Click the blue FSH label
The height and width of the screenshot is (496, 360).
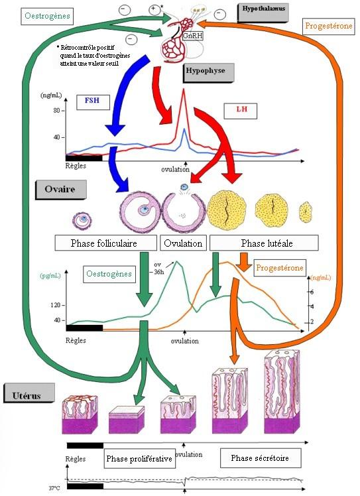click(92, 102)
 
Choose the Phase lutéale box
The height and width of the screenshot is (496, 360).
click(264, 243)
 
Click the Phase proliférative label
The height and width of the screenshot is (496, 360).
click(139, 458)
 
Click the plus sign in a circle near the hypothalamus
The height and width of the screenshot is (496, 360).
click(154, 10)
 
